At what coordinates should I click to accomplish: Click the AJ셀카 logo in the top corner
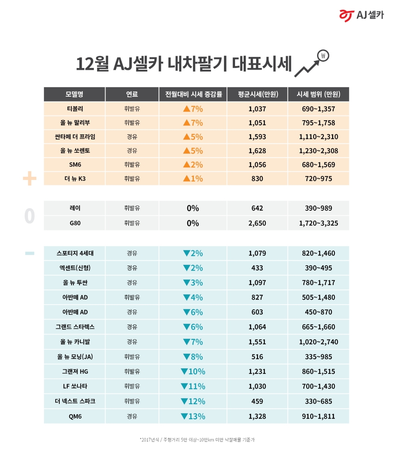point(361,15)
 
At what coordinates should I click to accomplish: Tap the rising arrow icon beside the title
point(312,63)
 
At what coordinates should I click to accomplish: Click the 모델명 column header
point(74,94)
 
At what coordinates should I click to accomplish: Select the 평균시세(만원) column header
point(257,94)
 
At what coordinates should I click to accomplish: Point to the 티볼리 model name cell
point(74,109)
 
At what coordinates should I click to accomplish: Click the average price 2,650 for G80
point(257,223)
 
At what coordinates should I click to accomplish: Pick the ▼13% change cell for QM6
point(193,416)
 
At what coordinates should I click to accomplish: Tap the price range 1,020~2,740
point(318,342)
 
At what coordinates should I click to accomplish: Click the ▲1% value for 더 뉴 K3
point(193,178)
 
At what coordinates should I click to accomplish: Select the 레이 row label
point(74,208)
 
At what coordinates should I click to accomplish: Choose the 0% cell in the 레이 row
point(193,208)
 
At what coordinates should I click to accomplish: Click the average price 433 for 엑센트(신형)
point(257,268)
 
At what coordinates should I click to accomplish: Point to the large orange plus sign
point(29,180)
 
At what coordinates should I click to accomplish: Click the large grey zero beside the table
point(29,216)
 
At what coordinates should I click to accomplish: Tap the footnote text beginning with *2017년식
point(197,440)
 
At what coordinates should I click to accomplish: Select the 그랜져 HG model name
point(74,371)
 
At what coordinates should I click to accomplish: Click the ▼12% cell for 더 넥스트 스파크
point(193,401)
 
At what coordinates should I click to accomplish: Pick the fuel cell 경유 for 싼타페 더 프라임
point(132,137)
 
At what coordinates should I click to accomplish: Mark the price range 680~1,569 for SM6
point(318,165)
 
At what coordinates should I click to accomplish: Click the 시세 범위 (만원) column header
point(318,94)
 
